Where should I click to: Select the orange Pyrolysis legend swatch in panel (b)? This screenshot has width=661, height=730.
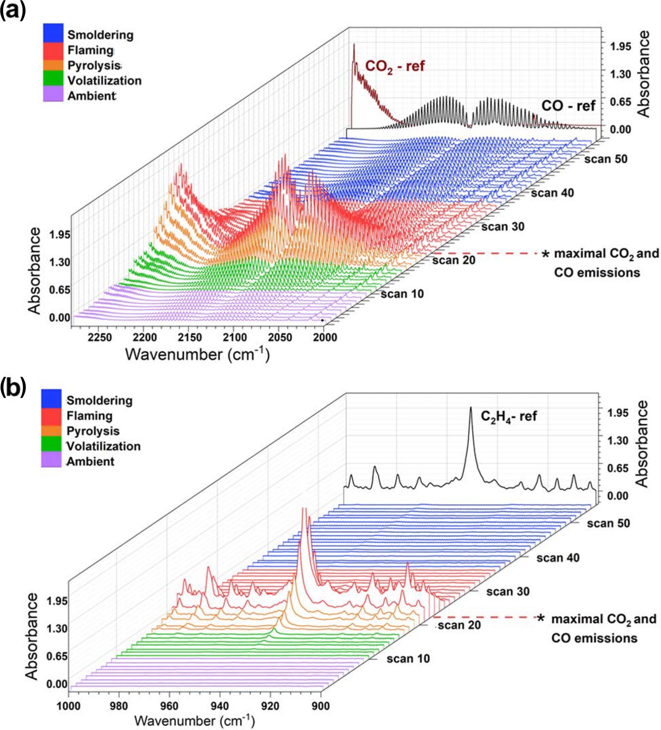(x=51, y=431)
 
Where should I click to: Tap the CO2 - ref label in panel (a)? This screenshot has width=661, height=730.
(x=395, y=67)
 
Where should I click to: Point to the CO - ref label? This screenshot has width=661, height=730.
(x=568, y=106)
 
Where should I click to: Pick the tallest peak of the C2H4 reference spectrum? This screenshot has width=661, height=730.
(x=471, y=408)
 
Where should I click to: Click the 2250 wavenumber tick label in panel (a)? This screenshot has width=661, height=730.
(x=100, y=337)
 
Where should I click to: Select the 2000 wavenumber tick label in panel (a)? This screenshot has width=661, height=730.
(x=325, y=337)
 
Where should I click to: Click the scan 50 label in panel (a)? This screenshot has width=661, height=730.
(x=606, y=159)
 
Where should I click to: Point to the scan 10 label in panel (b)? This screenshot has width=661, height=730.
(x=408, y=659)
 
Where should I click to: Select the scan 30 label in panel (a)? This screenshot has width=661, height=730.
(x=503, y=227)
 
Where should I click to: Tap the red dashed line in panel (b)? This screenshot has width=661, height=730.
(x=485, y=617)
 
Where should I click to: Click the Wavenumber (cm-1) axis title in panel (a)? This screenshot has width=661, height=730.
(x=197, y=354)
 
